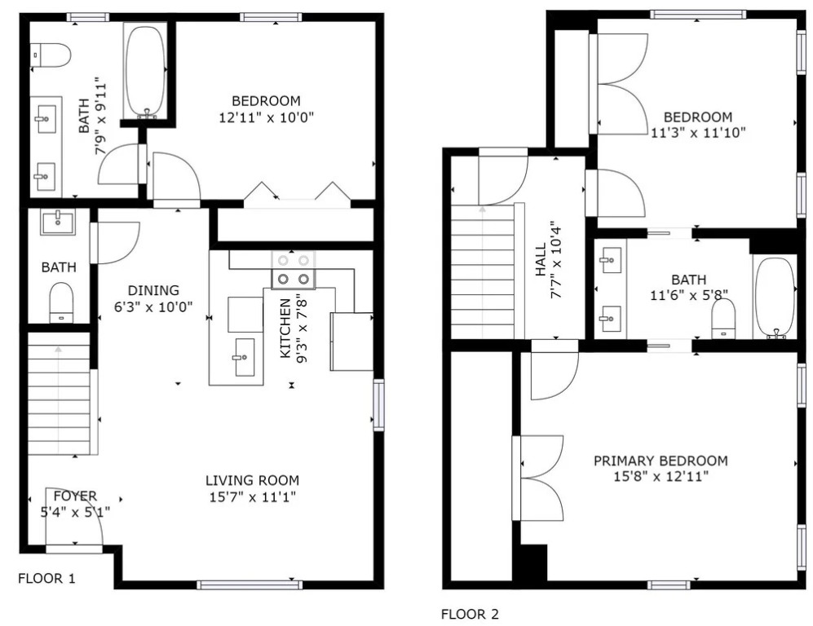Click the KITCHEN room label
[285, 328]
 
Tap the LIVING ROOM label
[253, 480]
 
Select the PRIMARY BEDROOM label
[661, 461]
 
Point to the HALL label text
[541, 260]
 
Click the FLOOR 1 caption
[46, 579]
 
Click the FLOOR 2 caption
[470, 615]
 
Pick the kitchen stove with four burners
[294, 270]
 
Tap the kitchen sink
[245, 357]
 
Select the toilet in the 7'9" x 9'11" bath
[51, 55]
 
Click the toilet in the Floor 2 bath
[724, 319]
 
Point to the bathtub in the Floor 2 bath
[775, 298]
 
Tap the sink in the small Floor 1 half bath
[58, 222]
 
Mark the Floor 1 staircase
[59, 394]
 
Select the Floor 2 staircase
[483, 271]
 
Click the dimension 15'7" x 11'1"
[253, 497]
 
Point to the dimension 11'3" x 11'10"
[698, 133]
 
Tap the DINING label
[153, 290]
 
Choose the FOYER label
[75, 496]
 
